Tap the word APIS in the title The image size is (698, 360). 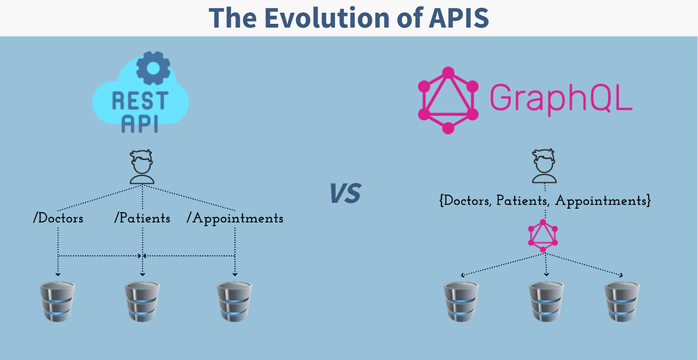(x=460, y=17)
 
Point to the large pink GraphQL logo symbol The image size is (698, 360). (x=448, y=100)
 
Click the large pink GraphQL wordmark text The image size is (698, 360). (x=560, y=97)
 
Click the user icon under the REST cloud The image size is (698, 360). (x=142, y=167)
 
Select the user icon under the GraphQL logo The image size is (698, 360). (x=545, y=167)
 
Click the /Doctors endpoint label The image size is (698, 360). (x=58, y=219)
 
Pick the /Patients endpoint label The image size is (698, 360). (x=143, y=219)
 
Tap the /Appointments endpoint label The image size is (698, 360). (x=235, y=219)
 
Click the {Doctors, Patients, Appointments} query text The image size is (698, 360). (x=544, y=201)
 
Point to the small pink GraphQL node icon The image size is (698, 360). (x=543, y=235)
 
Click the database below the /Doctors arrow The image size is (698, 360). (x=58, y=301)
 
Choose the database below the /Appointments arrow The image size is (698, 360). (x=234, y=301)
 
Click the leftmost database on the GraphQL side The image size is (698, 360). (x=461, y=301)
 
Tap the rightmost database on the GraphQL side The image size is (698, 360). (x=621, y=301)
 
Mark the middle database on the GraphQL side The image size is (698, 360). (x=546, y=301)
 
